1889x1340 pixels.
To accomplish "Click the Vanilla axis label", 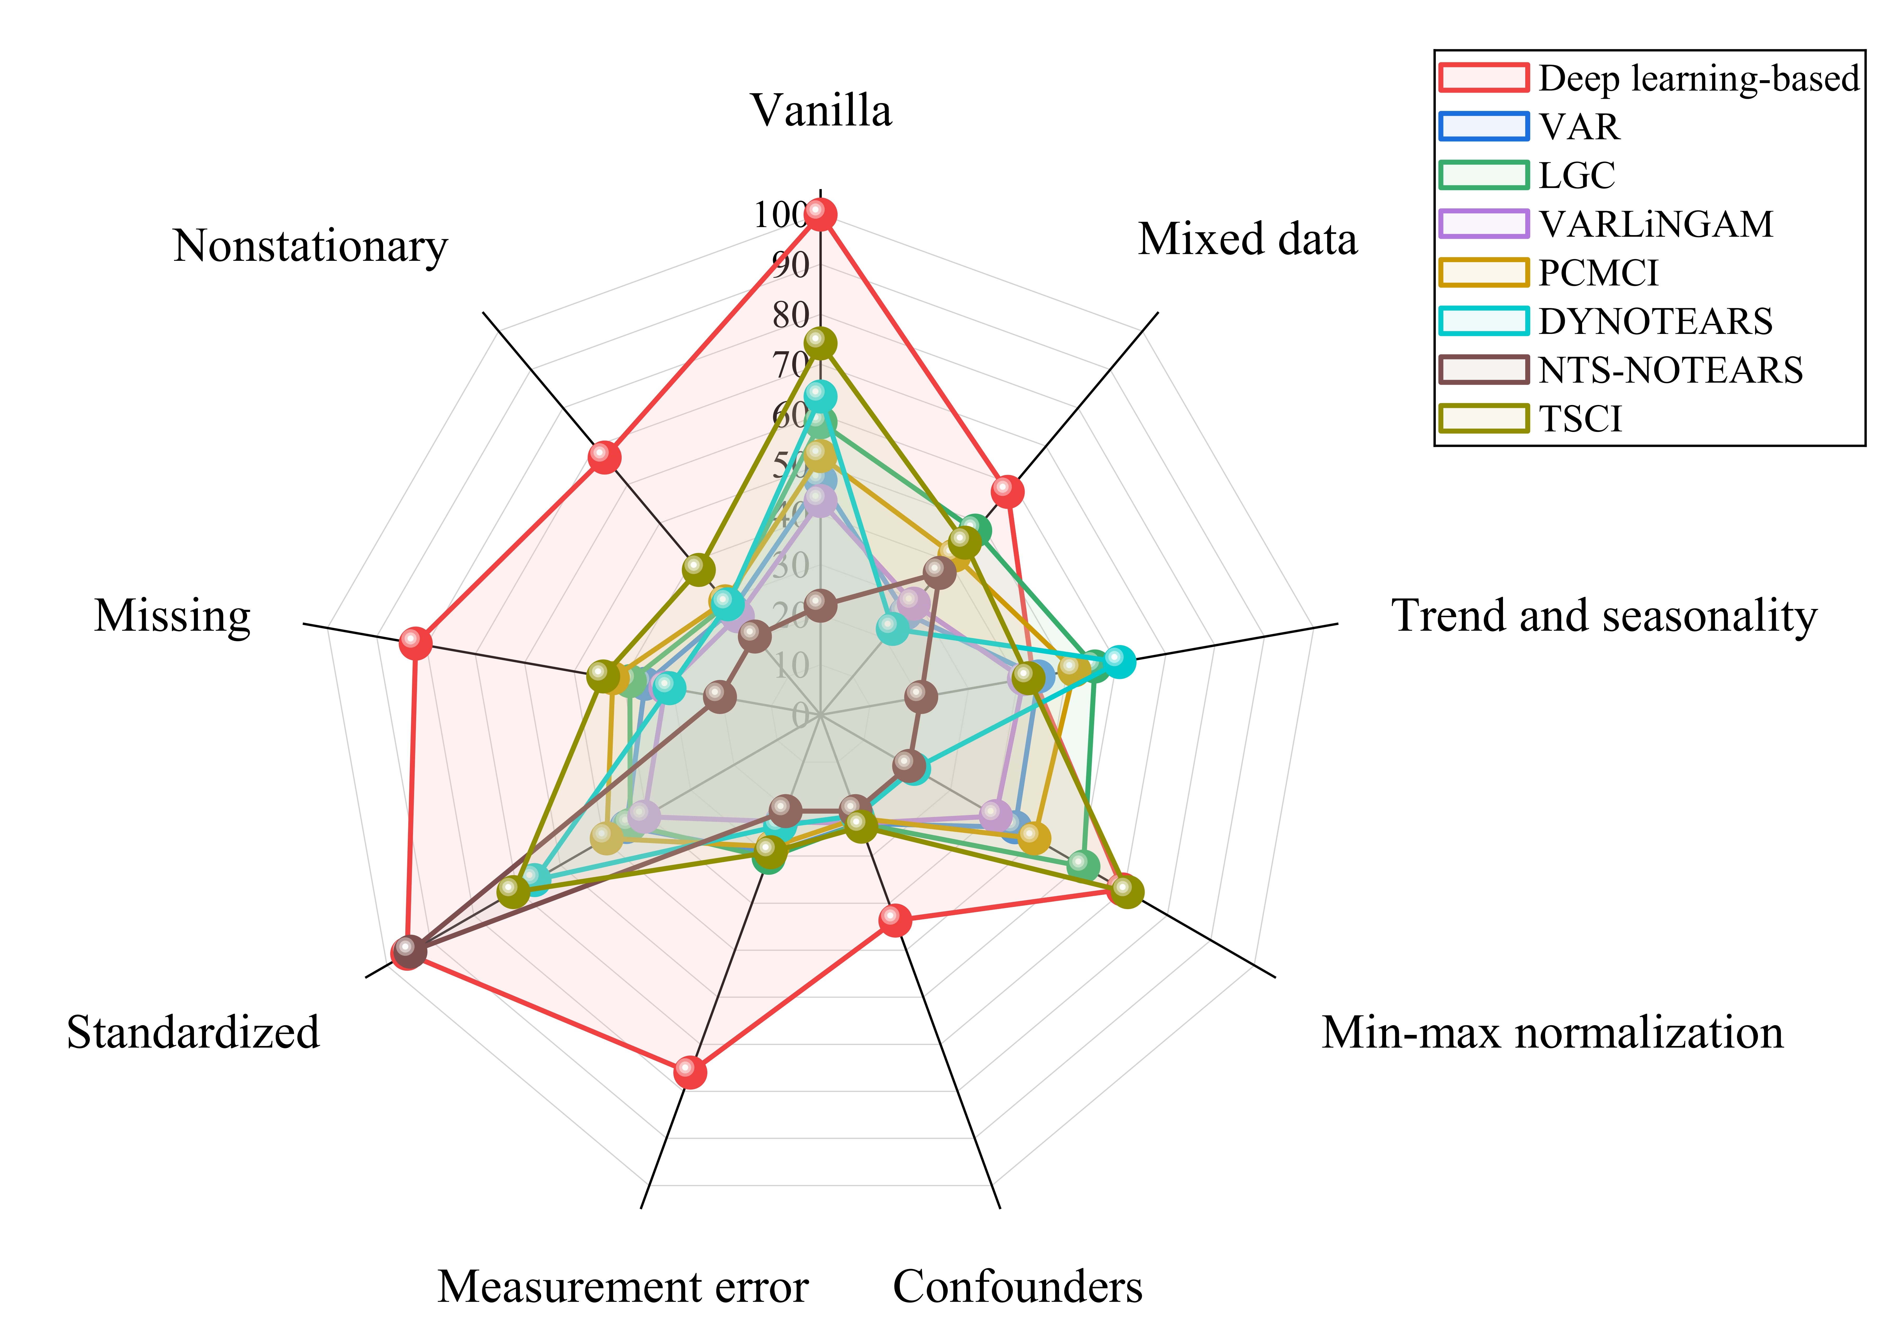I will pos(821,111).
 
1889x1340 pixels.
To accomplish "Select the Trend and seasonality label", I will pos(1604,615).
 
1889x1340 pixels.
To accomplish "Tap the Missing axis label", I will pos(172,615).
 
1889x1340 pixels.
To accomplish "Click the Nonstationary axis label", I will pos(310,246).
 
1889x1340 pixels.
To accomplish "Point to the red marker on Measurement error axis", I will pos(690,1072).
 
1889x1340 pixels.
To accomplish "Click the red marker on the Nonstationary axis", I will pos(605,456).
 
